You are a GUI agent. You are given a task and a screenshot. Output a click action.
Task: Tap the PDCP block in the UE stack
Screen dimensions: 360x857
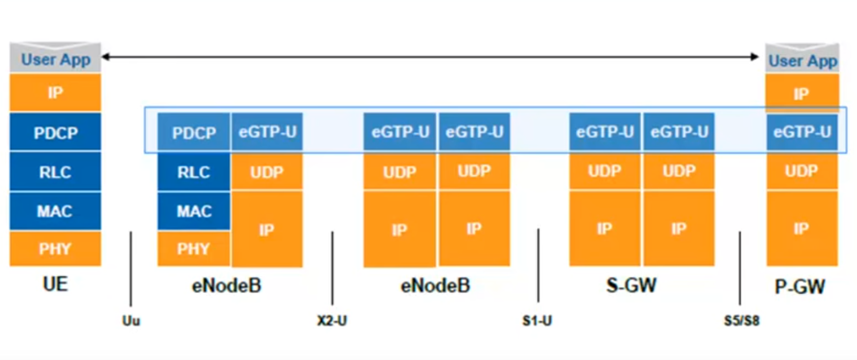55,132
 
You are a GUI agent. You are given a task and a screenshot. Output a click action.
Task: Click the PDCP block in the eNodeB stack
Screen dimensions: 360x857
194,132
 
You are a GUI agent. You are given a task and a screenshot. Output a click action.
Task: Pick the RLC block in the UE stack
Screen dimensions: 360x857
55,172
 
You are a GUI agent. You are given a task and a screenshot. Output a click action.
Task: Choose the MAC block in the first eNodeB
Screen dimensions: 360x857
194,211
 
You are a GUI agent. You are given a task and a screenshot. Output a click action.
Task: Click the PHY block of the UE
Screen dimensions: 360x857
55,249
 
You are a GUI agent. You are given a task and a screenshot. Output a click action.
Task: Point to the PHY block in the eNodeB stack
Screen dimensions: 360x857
194,249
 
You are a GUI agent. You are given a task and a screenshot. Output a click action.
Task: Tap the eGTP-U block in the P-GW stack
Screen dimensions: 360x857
802,132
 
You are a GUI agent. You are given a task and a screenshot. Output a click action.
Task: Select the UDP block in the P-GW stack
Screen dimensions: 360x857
802,171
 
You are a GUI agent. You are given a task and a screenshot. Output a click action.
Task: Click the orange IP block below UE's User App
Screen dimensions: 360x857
55,93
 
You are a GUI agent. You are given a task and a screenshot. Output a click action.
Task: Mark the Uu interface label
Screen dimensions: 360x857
131,321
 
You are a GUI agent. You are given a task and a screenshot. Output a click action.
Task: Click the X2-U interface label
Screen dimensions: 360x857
332,321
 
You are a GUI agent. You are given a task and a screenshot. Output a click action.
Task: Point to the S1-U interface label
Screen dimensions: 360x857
537,321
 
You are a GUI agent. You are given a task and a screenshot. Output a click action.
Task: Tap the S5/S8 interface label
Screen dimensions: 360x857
742,321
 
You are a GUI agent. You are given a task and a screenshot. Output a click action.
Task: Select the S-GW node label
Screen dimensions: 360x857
631,285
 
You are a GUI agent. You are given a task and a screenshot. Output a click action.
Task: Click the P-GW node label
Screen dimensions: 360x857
800,287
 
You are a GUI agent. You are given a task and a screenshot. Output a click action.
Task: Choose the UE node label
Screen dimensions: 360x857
55,284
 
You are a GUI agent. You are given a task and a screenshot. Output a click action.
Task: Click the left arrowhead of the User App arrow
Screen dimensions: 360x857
106,57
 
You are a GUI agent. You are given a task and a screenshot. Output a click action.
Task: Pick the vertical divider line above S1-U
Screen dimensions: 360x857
538,265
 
